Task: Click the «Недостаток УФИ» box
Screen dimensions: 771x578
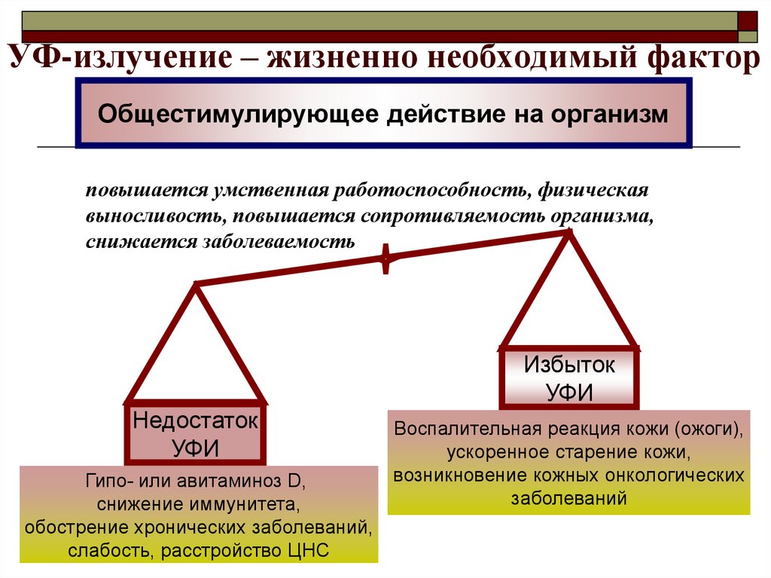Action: tap(195, 433)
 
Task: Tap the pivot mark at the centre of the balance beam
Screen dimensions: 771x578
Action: tap(386, 258)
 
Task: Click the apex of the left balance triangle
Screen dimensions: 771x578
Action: tap(197, 285)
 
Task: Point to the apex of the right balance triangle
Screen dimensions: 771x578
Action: tap(569, 233)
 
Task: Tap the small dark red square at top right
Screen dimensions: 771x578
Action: tap(748, 19)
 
